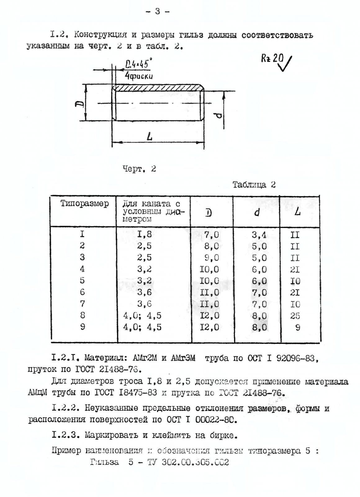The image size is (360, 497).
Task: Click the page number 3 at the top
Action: coord(157,11)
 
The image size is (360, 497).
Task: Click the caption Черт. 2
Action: coord(139,169)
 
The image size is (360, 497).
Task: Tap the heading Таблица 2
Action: coord(254,185)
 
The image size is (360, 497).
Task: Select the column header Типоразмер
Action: coord(84,204)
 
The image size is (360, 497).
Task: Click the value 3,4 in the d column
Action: coord(259,235)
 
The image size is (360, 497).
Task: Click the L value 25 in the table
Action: coord(295,316)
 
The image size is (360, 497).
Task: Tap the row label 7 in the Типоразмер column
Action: coord(82,304)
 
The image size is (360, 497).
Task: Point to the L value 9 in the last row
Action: coord(298,327)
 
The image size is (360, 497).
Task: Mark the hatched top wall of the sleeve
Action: coord(158,88)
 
